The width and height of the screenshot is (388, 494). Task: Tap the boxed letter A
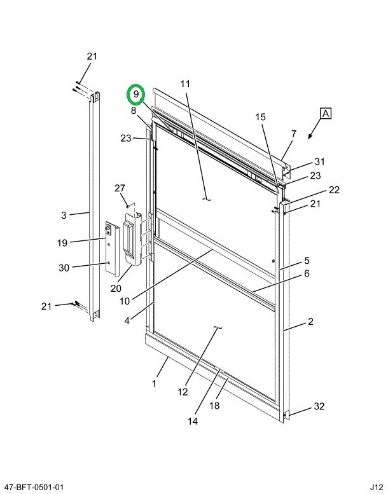point(325,114)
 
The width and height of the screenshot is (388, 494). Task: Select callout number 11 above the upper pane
point(185,84)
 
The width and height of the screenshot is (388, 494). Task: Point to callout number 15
point(261,117)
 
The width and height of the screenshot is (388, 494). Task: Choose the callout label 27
point(120,188)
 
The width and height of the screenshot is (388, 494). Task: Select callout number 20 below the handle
point(115,288)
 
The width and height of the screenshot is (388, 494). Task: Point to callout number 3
point(64,216)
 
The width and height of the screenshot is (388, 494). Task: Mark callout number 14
point(193,420)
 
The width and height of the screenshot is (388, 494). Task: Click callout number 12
point(183,392)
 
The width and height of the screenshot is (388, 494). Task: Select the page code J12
point(376,487)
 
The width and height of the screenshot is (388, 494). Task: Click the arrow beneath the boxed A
point(311,135)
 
